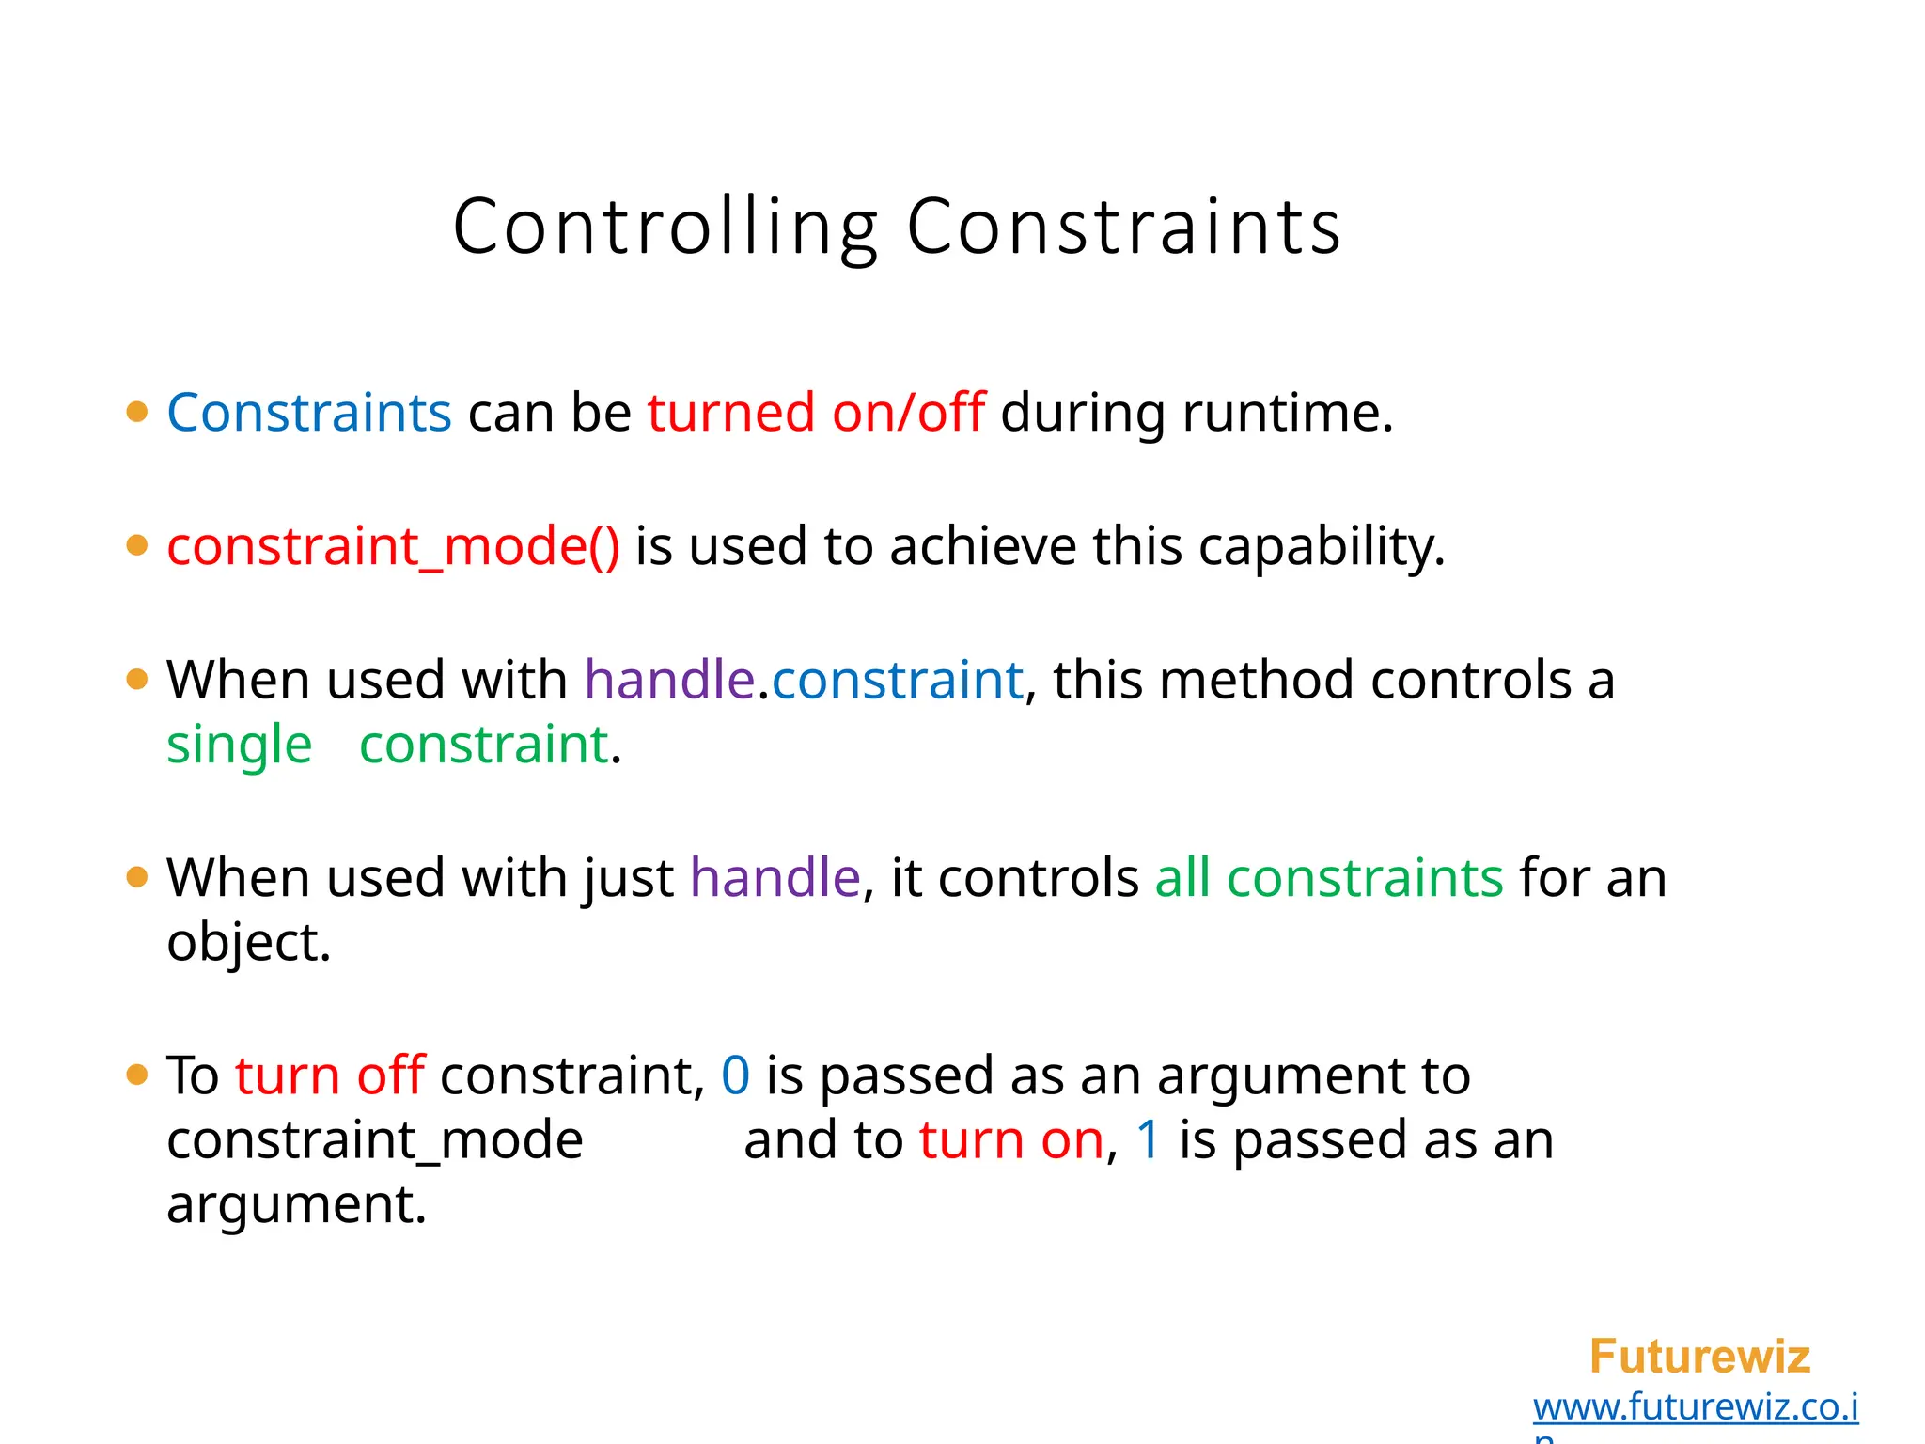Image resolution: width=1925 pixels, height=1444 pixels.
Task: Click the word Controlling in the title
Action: (x=665, y=228)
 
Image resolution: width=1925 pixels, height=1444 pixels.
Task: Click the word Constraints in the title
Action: (x=1123, y=228)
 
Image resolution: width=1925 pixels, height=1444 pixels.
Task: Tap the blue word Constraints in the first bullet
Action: (x=309, y=413)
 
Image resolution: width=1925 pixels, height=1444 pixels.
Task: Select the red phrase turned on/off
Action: (x=815, y=413)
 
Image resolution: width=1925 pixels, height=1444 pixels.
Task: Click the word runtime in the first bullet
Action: (x=1286, y=413)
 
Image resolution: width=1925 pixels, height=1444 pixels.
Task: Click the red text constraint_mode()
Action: (x=393, y=546)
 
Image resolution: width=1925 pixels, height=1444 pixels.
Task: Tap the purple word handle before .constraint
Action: (x=669, y=680)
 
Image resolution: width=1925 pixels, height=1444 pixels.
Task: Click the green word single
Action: (x=239, y=746)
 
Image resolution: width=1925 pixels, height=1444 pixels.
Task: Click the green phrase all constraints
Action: (x=1328, y=878)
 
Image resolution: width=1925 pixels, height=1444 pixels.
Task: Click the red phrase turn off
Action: (x=330, y=1075)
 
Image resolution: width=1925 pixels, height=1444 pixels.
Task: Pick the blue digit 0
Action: (x=735, y=1075)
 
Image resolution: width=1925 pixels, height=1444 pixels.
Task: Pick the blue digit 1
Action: (x=1148, y=1140)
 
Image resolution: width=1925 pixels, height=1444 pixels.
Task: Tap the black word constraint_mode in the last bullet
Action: (x=374, y=1140)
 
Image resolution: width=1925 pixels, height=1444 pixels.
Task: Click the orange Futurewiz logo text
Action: (x=1698, y=1357)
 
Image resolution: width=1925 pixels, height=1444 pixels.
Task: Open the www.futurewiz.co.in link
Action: (x=1695, y=1407)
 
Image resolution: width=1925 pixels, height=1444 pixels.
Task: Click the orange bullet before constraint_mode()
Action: (x=137, y=545)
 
